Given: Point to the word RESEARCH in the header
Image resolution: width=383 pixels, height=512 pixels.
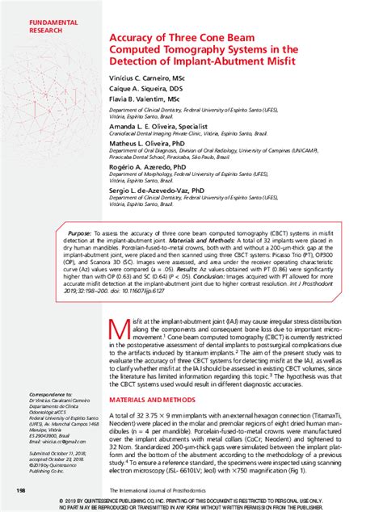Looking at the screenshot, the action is pyautogui.click(x=35, y=30).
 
